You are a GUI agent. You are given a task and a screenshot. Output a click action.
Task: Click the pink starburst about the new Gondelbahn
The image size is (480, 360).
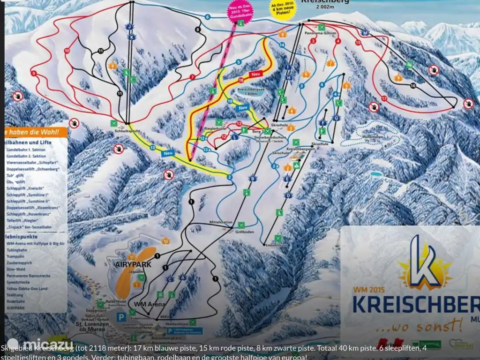point(240,9)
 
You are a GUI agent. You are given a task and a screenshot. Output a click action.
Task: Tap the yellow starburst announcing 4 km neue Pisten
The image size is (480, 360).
point(283,9)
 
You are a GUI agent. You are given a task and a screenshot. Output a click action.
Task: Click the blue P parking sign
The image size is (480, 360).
point(121,317)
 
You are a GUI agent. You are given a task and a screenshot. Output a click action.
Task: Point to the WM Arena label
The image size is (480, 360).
point(149,304)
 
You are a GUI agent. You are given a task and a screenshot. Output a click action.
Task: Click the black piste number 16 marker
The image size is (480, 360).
point(413,85)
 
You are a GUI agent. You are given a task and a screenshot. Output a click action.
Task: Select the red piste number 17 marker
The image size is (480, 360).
point(384,98)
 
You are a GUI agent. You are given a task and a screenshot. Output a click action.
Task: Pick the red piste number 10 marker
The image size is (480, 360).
point(67,50)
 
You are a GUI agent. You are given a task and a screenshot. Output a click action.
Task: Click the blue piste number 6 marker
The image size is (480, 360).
point(207,17)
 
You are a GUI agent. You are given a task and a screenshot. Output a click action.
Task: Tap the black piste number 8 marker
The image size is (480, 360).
point(198,30)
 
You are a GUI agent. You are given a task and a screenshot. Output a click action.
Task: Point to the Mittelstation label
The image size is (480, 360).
point(220,223)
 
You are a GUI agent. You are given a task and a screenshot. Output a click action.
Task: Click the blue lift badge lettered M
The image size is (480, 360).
point(366,32)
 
